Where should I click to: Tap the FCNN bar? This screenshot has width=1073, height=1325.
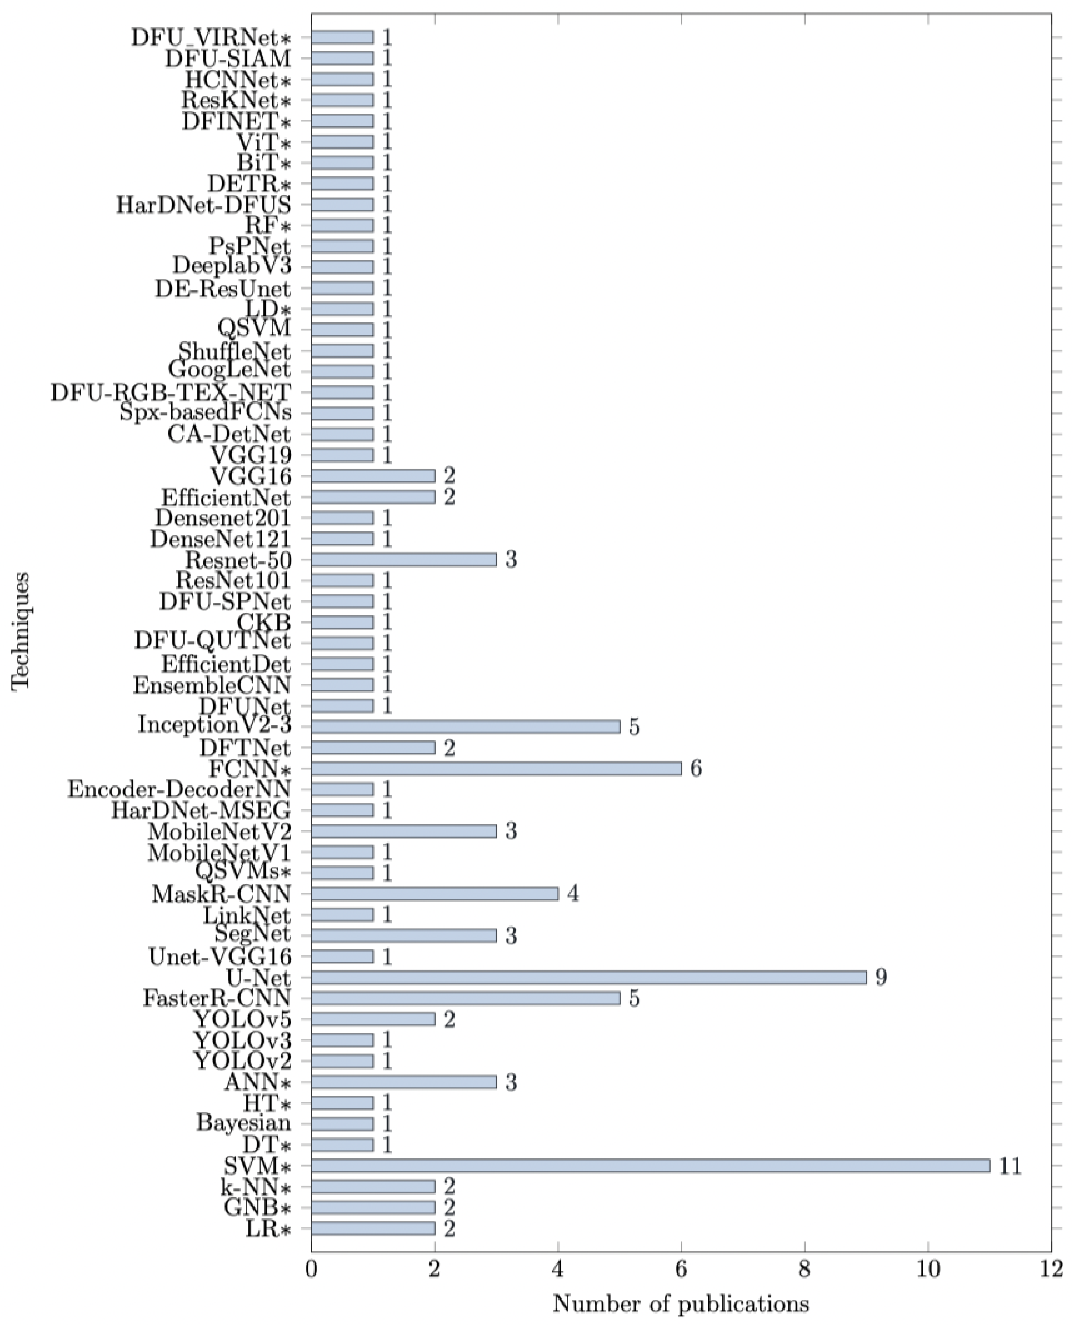(x=496, y=768)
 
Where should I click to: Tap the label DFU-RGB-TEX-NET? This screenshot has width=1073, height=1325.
(x=171, y=393)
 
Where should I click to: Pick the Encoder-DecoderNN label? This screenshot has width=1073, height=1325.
(x=179, y=789)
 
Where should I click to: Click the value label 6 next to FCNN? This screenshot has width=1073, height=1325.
(x=696, y=768)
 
